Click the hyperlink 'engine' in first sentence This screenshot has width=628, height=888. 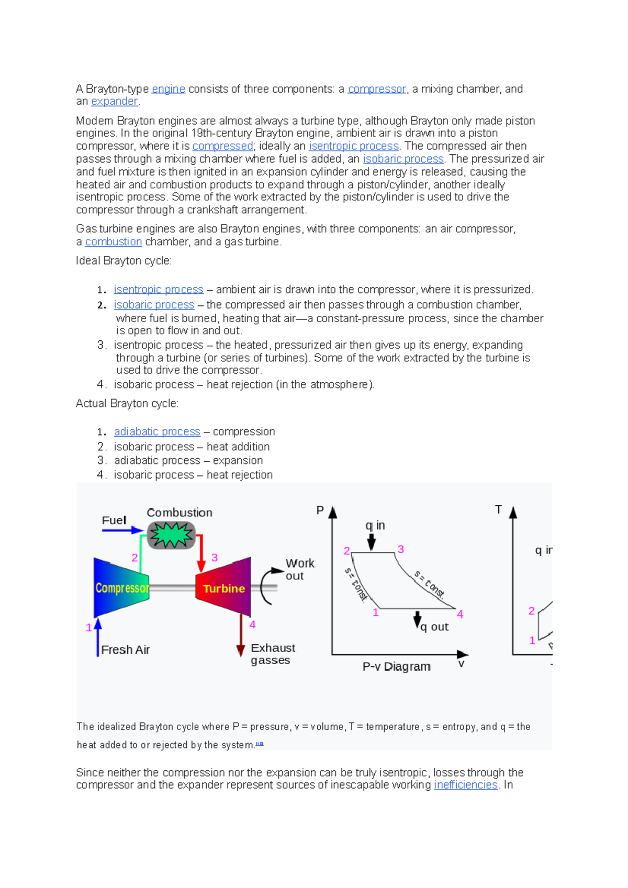(168, 89)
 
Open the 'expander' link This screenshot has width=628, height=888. (114, 101)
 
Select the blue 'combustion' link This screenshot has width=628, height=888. (114, 242)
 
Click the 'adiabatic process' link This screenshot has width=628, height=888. (157, 431)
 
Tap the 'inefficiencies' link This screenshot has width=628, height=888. (465, 785)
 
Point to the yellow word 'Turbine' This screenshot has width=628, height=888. (224, 588)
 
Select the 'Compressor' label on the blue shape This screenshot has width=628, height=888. (122, 588)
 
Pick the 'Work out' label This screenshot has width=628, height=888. (299, 570)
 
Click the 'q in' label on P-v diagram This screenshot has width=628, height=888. (375, 526)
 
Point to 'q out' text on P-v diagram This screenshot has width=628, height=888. (434, 627)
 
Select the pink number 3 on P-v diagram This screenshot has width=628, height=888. (401, 549)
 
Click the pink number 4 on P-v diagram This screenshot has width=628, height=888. (460, 614)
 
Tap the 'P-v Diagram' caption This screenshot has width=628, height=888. (396, 667)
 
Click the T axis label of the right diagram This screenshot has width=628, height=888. (498, 509)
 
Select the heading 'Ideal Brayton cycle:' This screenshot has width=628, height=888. (124, 260)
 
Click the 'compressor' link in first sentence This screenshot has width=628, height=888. (377, 89)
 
